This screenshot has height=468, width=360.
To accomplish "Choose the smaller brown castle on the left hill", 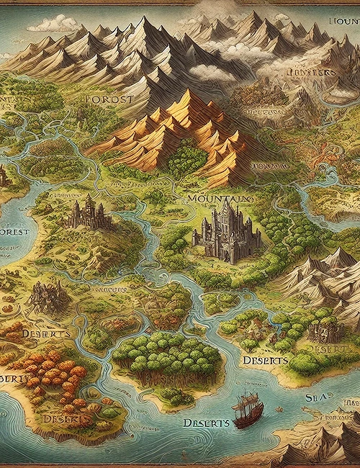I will pyautogui.click(x=88, y=212).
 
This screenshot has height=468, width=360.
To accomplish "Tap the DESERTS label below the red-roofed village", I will pyautogui.click(x=265, y=359).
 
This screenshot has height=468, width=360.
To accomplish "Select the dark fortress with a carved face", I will pyautogui.click(x=320, y=330).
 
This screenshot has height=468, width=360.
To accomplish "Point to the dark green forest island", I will pyautogui.click(x=166, y=356).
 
